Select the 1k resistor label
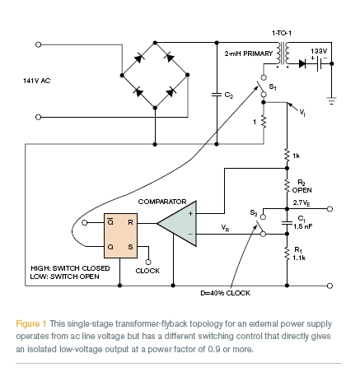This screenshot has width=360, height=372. pos(298,155)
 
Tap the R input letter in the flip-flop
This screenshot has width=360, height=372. pos(130,221)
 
